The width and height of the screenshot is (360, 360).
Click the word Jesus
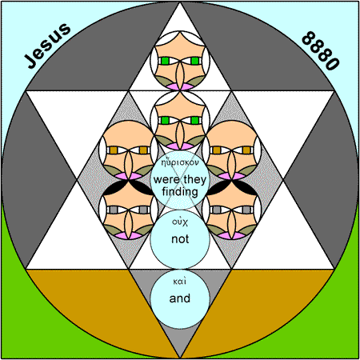(47, 46)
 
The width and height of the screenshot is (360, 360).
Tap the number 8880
(320, 50)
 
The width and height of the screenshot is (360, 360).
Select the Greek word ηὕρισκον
(180, 162)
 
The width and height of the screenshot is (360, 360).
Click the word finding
(180, 192)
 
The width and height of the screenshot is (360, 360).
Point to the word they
(195, 179)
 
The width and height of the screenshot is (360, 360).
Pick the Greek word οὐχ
(180, 222)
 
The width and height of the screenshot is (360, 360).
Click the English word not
(180, 239)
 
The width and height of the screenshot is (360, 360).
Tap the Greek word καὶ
(180, 282)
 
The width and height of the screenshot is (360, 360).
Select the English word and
(180, 298)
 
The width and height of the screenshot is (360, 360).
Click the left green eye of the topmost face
(166, 61)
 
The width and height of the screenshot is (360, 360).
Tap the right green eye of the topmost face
(195, 61)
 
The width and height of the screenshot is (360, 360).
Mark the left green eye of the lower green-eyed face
(166, 120)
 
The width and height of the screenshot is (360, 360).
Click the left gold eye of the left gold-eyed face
(114, 150)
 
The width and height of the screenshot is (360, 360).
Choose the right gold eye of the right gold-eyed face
(246, 150)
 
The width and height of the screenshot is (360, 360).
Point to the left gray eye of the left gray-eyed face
(114, 210)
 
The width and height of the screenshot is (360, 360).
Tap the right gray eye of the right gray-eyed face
(246, 210)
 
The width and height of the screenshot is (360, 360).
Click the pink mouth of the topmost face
(180, 86)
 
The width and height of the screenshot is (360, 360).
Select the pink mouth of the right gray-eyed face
(232, 235)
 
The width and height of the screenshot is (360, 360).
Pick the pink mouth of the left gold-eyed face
(128, 176)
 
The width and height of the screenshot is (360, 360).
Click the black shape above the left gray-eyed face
(128, 188)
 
